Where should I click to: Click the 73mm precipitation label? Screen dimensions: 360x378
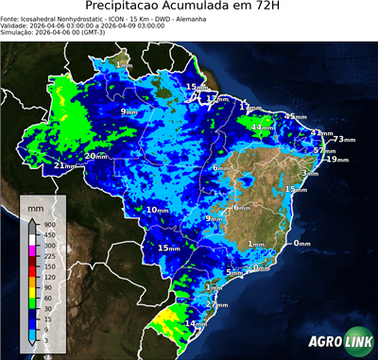click(344, 139)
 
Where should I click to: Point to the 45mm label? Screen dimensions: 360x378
click(296, 116)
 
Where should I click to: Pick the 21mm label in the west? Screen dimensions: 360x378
click(64, 166)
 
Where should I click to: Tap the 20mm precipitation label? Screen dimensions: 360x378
click(96, 156)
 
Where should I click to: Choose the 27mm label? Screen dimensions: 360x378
click(216, 305)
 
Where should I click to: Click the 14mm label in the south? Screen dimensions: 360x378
click(195, 324)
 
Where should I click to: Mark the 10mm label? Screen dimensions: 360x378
click(158, 210)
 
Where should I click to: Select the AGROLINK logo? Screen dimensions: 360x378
click(339, 342)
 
